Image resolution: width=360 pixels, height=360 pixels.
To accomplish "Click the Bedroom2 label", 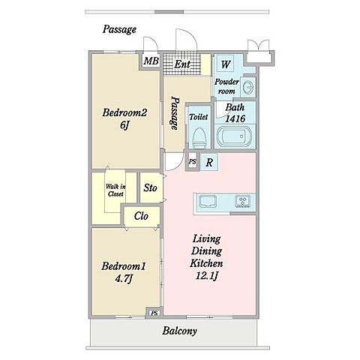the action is coord(124,112).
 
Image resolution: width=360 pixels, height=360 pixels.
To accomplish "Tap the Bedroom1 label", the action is coord(124,266).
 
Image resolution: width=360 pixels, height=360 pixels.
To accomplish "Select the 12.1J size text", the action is coord(207,276).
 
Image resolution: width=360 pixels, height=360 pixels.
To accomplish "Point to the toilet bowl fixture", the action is coord(199,138).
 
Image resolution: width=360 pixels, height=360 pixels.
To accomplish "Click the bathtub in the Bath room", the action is coord(233,136).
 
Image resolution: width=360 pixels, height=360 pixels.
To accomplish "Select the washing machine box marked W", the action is coord(225,64).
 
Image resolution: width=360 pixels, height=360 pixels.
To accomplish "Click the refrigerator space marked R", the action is coord(209,163).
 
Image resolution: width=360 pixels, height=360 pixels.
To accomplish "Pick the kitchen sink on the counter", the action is coord(208,202).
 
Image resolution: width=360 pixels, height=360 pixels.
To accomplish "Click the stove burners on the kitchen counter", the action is coord(242,202).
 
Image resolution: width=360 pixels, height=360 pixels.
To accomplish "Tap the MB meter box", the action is coord(151,61).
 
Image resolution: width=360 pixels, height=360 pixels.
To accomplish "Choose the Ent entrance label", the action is coord(182,64).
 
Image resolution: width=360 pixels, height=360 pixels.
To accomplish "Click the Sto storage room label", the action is coord(150,188).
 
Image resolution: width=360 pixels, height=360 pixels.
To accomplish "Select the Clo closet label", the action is coord(141,216).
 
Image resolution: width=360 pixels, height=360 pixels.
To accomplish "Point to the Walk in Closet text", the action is coord(115,190).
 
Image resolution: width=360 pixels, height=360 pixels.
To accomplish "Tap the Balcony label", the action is coord(179,331).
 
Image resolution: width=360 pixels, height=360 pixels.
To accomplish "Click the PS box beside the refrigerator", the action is coord(192,162).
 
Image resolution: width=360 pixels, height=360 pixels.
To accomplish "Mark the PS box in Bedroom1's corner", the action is coord(154,313).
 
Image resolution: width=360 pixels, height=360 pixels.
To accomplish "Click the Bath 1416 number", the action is coord(235,118).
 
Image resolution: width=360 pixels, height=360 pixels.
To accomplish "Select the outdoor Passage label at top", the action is coord(119,30).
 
